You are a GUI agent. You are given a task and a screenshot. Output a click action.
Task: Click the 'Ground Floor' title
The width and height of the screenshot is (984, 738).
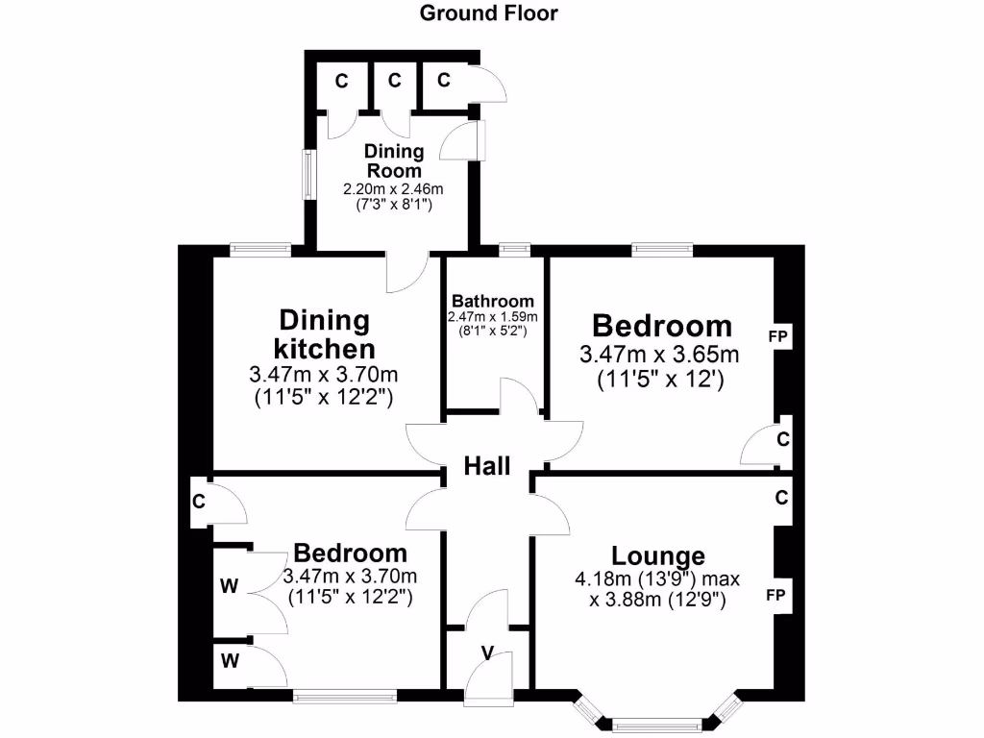point(489,13)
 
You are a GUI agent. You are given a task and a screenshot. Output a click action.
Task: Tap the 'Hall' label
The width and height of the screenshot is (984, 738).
point(487,467)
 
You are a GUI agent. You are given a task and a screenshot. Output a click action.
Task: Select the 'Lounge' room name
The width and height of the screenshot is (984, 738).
point(658,555)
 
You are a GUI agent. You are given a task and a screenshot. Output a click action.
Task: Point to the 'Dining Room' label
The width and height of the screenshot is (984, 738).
point(394,160)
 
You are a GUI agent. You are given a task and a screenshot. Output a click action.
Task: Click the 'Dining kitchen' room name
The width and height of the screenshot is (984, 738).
point(324,333)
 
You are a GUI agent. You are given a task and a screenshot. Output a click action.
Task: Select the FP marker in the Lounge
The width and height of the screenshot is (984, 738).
point(776,596)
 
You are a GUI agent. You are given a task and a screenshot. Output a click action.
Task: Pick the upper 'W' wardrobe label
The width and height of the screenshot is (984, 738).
point(229,586)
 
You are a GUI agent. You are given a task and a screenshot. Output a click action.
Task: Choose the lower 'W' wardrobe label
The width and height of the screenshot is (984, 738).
point(229,660)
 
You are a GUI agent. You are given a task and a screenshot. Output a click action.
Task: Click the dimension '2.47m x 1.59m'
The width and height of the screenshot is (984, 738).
point(492,317)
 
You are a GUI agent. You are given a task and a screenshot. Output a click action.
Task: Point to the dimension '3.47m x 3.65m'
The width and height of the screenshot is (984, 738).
point(661,356)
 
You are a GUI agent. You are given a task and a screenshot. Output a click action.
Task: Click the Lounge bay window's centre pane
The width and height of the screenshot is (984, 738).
point(659,724)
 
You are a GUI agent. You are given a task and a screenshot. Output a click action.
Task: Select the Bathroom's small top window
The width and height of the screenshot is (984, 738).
point(515,251)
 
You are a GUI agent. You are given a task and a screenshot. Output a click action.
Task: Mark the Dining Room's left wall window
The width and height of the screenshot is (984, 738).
point(307,175)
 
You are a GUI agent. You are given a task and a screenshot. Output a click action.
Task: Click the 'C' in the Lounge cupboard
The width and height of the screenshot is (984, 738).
point(781,498)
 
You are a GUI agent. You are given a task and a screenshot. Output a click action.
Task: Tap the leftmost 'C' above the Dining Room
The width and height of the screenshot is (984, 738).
point(341,81)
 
